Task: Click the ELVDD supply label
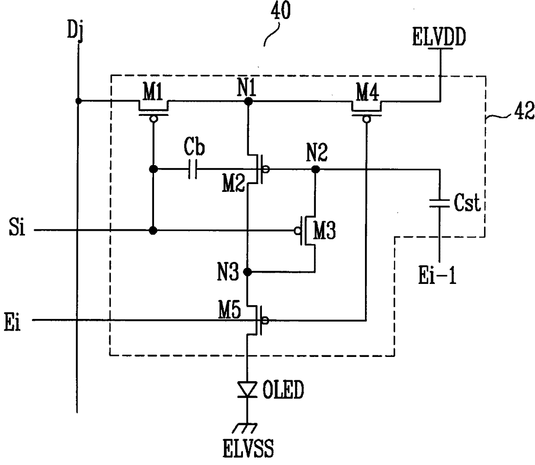pos(439,37)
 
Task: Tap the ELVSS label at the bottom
pos(248,449)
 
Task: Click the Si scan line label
pos(17,227)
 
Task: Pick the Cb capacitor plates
pos(192,169)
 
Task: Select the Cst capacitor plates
pos(439,203)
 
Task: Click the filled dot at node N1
pos(248,101)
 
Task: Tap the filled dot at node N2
pos(316,169)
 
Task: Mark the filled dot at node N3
pos(247,272)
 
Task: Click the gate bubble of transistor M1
pos(153,119)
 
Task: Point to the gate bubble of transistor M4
pos(367,120)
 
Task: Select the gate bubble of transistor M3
pos(297,231)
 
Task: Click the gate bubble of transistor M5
pos(265,320)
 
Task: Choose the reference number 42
pos(524,111)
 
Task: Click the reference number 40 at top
pos(280,11)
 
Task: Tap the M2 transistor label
pos(233,184)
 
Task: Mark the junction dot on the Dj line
pos(78,101)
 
